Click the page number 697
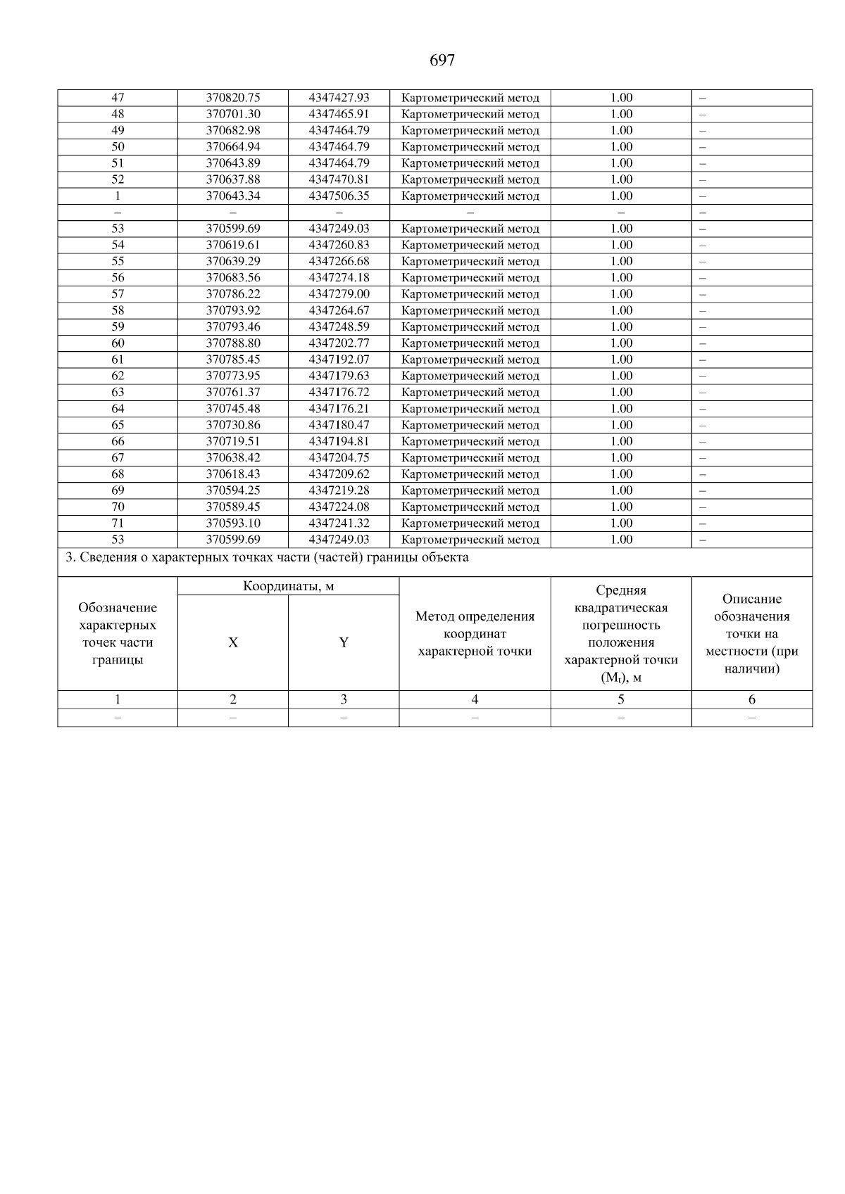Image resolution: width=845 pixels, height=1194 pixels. pyautogui.click(x=442, y=61)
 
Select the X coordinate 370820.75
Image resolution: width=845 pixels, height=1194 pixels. pyautogui.click(x=233, y=98)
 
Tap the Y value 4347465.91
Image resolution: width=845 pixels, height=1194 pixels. pyautogui.click(x=339, y=114)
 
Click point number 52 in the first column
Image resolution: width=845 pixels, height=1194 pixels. pyautogui.click(x=118, y=179)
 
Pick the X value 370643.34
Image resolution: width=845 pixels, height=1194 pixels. pyautogui.click(x=233, y=196)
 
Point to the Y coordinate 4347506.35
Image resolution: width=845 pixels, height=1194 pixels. pyautogui.click(x=339, y=196)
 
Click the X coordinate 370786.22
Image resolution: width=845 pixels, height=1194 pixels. pyautogui.click(x=233, y=294)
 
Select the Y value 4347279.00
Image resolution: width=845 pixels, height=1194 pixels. pyautogui.click(x=339, y=294)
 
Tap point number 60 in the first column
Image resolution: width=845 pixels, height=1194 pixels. pyautogui.click(x=118, y=343)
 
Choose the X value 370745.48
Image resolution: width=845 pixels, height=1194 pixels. pyautogui.click(x=233, y=409)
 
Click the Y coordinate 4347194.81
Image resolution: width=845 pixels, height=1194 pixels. pyautogui.click(x=339, y=441)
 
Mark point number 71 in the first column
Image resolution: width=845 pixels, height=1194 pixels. pyautogui.click(x=118, y=523)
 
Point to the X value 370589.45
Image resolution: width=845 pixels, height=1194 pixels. pyautogui.click(x=233, y=507)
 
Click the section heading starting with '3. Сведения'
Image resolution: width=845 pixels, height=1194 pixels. pyautogui.click(x=267, y=558)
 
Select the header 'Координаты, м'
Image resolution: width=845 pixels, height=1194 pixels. pyautogui.click(x=288, y=586)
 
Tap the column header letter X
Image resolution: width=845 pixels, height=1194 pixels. pyautogui.click(x=233, y=642)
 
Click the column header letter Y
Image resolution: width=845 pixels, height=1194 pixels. pyautogui.click(x=344, y=642)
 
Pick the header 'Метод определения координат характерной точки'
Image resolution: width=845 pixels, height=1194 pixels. pyautogui.click(x=475, y=634)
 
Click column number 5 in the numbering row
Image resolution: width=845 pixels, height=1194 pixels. pyautogui.click(x=621, y=699)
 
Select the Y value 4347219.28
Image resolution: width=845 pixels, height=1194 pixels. pyautogui.click(x=339, y=490)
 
